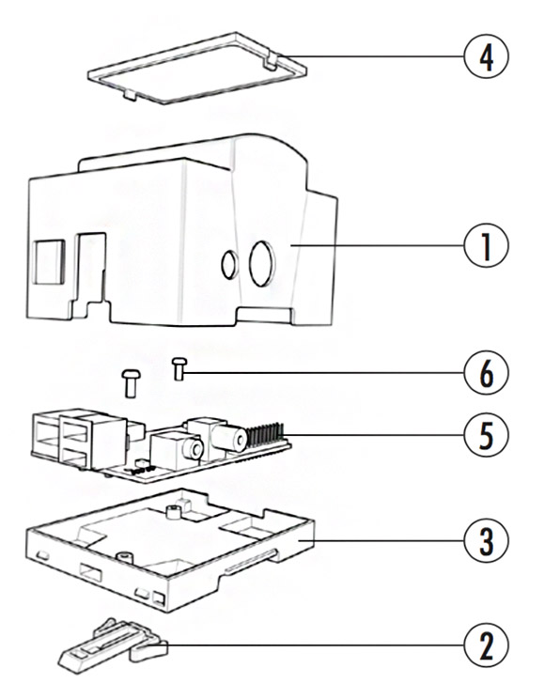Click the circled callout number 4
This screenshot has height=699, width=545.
click(x=486, y=56)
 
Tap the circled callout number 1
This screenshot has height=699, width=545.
click(x=486, y=245)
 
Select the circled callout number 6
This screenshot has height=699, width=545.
click(x=486, y=373)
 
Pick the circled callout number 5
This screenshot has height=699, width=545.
click(x=486, y=435)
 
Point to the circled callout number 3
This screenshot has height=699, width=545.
click(x=486, y=541)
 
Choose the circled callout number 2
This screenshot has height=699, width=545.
click(x=486, y=645)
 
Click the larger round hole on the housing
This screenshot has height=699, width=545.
click(x=262, y=263)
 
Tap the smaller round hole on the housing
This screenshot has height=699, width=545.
click(x=229, y=265)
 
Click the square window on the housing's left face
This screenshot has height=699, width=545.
click(x=50, y=262)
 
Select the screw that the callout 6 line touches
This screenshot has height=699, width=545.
click(x=179, y=369)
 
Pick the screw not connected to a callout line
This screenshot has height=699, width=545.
click(x=131, y=383)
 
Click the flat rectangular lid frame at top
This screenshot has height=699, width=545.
click(x=197, y=68)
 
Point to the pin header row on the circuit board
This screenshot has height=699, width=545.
click(x=265, y=436)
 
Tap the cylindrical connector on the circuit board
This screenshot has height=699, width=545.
click(x=228, y=437)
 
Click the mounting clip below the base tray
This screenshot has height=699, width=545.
click(x=114, y=645)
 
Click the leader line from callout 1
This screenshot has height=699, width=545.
click(x=378, y=245)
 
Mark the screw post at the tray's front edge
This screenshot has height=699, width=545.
click(x=124, y=557)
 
